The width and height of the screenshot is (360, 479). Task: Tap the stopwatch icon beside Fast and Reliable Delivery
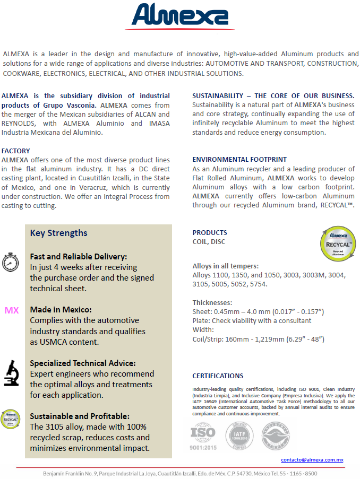pos(11,263)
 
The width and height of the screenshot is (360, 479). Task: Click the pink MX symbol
pos(12,310)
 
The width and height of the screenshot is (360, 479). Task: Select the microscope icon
pos(11,372)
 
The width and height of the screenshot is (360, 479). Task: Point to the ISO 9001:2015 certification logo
pos(204,436)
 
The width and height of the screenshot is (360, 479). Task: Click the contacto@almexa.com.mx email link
pos(312,460)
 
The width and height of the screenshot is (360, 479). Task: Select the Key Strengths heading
pos(59,233)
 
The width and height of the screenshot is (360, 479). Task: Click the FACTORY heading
pos(16,151)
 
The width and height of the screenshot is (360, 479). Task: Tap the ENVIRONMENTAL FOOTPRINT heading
pos(239,159)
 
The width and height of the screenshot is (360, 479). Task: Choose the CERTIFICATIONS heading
pos(218,376)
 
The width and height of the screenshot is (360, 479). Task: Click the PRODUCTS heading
pos(210,233)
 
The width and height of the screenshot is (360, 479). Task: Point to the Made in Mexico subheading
pos(61,309)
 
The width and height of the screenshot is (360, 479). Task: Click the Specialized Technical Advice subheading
pos(82,363)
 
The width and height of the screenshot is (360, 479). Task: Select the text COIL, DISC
pos(209,242)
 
